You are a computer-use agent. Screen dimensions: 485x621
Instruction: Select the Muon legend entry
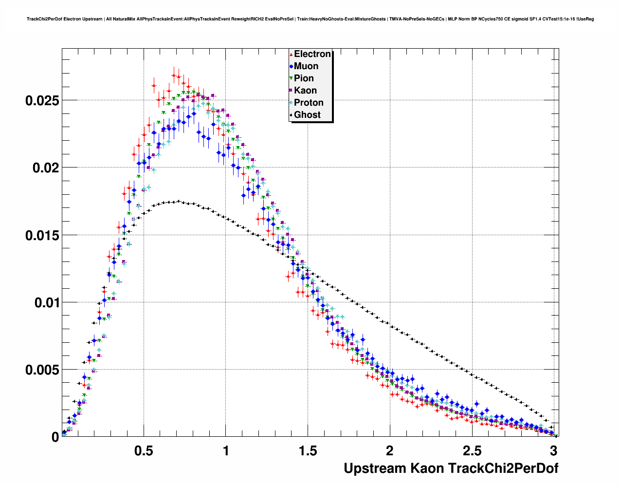(306, 66)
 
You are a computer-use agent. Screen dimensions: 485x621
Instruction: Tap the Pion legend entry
(304, 78)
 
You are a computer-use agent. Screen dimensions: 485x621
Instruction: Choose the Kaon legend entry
(305, 91)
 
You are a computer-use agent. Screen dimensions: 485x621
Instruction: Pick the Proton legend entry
(309, 103)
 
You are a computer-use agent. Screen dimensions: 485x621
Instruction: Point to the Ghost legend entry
(307, 115)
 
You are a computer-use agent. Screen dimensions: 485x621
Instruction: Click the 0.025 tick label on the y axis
(42, 101)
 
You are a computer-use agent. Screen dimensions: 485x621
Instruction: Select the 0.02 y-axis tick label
(45, 168)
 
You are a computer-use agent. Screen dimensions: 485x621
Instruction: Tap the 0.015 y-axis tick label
(42, 235)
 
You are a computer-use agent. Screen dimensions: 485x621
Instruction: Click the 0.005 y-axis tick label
(42, 370)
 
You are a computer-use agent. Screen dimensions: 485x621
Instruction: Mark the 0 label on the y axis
(55, 437)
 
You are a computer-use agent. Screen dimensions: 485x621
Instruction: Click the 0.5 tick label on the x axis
(144, 450)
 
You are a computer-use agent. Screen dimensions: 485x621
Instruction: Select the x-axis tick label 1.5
(308, 450)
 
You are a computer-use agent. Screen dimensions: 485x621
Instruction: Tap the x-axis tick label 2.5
(472, 450)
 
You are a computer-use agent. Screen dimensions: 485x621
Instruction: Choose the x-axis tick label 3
(553, 450)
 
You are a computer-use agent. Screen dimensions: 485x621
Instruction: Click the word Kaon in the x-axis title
(427, 468)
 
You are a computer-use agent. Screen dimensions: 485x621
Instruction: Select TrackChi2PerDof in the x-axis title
(503, 468)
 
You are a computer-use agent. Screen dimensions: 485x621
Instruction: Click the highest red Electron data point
(174, 75)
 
